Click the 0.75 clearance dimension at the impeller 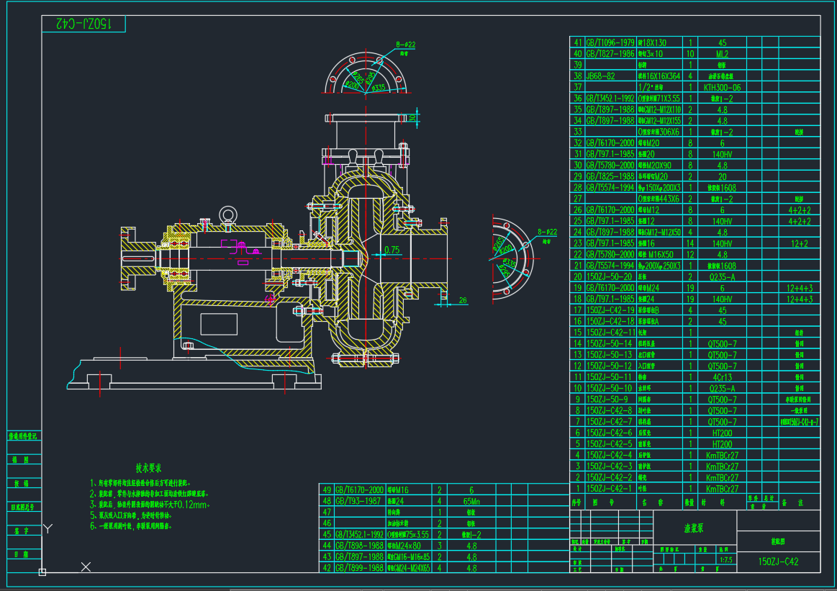tap(392, 250)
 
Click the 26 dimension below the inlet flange tap(463, 300)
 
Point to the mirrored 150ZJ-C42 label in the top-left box tap(84, 24)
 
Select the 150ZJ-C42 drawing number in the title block tap(779, 561)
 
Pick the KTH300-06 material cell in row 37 tap(721, 87)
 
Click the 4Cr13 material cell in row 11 tap(721, 376)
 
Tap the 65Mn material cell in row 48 tap(471, 500)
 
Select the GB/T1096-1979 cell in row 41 tap(610, 42)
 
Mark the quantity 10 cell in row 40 tap(690, 53)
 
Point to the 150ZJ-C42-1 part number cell tap(610, 488)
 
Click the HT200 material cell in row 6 tap(721, 433)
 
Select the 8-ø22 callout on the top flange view tap(407, 45)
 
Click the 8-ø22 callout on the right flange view tap(548, 232)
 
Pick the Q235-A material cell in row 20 tap(721, 276)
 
